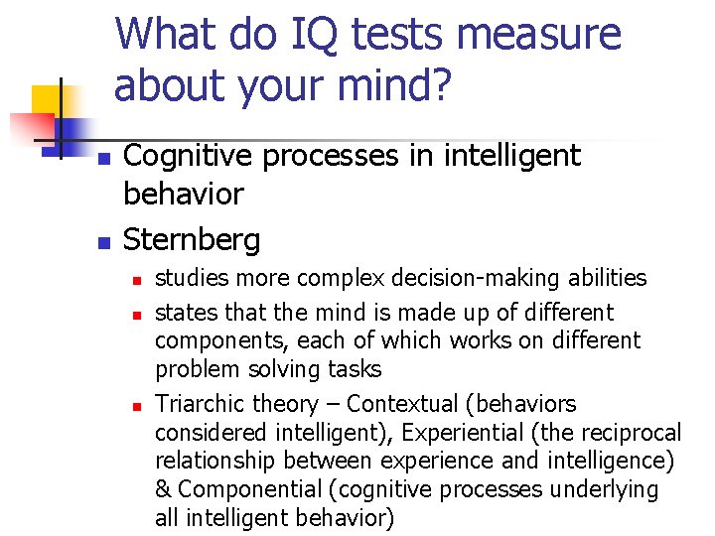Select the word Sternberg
coord(192,239)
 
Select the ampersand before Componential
coord(163,489)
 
